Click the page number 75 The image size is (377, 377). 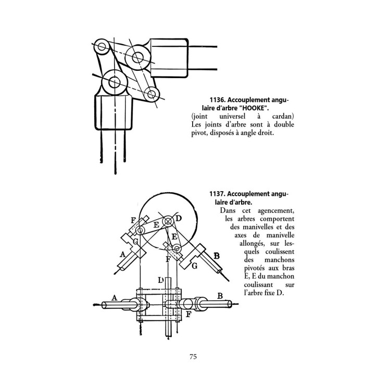click(193, 357)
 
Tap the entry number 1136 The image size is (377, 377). click(217, 100)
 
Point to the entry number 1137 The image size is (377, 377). click(217, 194)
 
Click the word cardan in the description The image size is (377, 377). click(283, 116)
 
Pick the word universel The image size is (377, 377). click(232, 116)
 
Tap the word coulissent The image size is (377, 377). click(280, 252)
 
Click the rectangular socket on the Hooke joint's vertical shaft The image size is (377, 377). click(114, 112)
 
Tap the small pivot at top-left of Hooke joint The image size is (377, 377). click(102, 46)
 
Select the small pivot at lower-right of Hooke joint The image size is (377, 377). click(152, 94)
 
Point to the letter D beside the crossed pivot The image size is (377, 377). click(179, 218)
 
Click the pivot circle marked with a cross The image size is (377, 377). click(168, 221)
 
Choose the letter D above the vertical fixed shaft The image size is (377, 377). click(161, 280)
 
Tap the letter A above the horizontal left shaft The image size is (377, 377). click(115, 298)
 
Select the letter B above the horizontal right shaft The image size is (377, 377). click(220, 296)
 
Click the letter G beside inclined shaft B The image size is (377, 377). click(195, 266)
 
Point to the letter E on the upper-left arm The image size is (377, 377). click(156, 225)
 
